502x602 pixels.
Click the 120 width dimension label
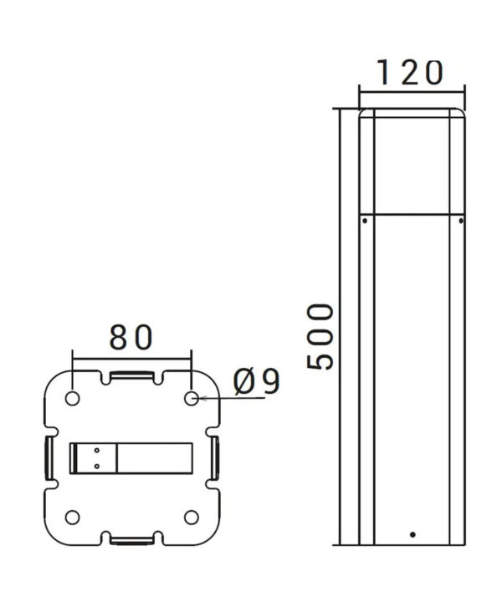click(x=409, y=74)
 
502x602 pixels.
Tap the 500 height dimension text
click(x=320, y=338)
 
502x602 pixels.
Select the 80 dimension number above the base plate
click(x=131, y=337)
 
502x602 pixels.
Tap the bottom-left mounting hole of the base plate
click(x=73, y=516)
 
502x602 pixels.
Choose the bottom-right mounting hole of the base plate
click(x=192, y=516)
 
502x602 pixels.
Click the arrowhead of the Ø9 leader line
click(x=201, y=399)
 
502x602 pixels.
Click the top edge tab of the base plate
click(x=132, y=376)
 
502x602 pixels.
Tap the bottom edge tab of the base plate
click(x=132, y=538)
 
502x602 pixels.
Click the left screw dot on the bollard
click(x=365, y=221)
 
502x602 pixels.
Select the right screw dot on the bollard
click(x=460, y=221)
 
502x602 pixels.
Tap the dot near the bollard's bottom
click(x=412, y=533)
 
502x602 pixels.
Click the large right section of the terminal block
click(x=155, y=457)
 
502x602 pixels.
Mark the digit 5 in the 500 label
click(x=320, y=359)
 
